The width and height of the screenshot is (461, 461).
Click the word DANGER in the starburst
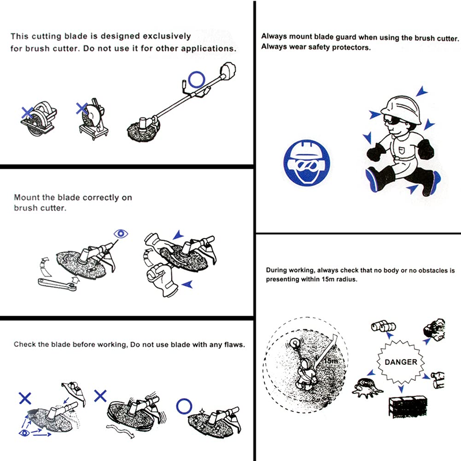tap(400, 362)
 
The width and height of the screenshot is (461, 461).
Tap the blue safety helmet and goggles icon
tap(307, 163)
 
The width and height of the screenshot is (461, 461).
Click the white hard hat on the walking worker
tap(400, 108)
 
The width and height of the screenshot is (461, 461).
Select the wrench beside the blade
tap(57, 284)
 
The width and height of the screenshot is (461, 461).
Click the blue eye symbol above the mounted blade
tap(120, 234)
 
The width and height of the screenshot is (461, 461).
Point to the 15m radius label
tap(331, 361)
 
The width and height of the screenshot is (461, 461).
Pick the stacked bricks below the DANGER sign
tap(408, 407)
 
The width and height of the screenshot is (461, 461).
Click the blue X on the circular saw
tap(27, 112)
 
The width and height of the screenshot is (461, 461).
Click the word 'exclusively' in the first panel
tap(167, 36)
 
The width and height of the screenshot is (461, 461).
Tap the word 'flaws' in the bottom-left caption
tap(234, 344)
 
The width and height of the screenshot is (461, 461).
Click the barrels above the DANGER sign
tap(383, 326)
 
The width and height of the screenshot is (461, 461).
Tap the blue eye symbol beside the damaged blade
tap(24, 433)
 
